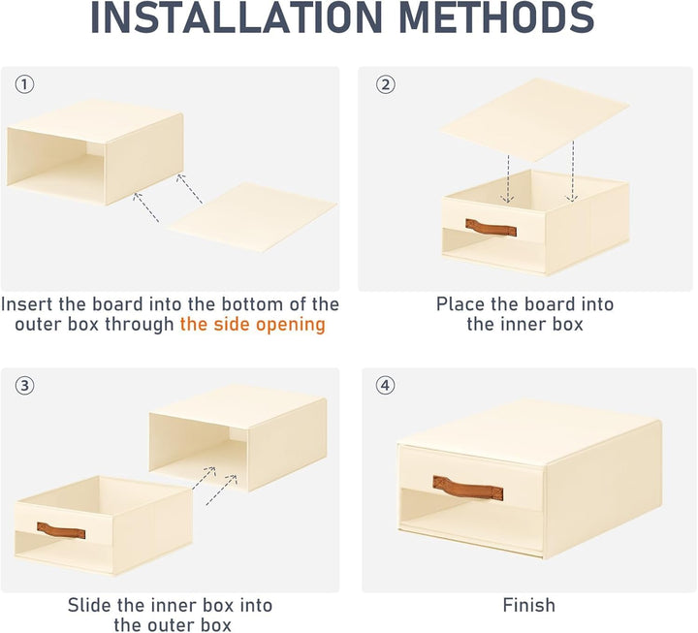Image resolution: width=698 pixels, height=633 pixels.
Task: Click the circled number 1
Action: pos(24,84)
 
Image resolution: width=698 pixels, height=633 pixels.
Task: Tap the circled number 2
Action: pos(386,84)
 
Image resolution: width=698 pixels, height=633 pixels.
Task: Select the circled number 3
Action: pos(24,386)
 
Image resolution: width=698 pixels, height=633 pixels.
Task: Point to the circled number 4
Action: pos(386,386)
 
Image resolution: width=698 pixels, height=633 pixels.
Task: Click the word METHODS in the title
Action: pos(496,17)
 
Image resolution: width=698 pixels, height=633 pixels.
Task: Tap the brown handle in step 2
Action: pos(491,228)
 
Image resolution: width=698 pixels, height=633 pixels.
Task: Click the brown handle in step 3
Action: pos(61,530)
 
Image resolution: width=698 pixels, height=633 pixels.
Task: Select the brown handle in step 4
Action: pos(468,488)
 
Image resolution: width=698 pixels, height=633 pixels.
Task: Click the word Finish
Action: pos(529,606)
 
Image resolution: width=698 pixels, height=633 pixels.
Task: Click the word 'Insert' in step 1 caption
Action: pos(27,304)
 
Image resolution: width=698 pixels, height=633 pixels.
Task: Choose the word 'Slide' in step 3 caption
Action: pos(90,606)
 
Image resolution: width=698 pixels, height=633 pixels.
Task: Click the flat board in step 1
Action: pos(252,217)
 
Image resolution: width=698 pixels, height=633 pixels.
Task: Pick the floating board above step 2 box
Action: pos(534,120)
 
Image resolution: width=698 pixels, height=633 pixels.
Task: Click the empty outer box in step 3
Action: pos(238,438)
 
